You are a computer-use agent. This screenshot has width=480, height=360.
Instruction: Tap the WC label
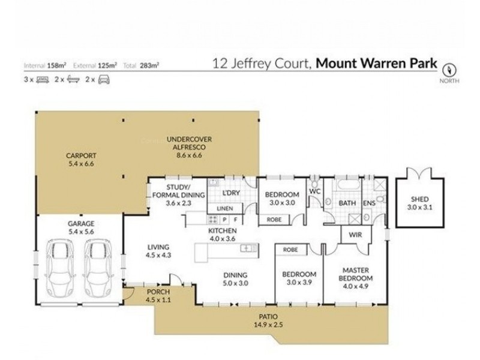(x=313, y=191)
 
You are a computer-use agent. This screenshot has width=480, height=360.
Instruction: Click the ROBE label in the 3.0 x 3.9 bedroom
(x=292, y=249)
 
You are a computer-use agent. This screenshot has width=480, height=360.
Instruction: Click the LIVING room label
(x=158, y=247)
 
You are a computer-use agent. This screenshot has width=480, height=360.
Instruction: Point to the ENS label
(x=370, y=203)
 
